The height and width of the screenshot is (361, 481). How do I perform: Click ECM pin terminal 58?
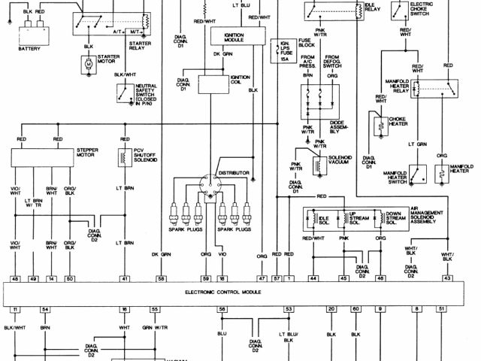161,278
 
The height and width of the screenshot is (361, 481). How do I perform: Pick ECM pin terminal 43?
447,278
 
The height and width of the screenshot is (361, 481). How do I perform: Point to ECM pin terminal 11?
14,309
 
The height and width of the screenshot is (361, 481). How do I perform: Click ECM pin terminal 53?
288,309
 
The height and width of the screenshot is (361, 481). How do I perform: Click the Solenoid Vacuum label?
343,162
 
